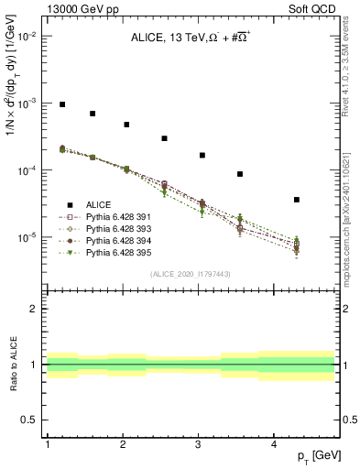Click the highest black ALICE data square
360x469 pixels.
[62, 104]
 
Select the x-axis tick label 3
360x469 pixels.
[199, 444]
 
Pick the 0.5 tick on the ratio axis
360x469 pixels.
[32, 420]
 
